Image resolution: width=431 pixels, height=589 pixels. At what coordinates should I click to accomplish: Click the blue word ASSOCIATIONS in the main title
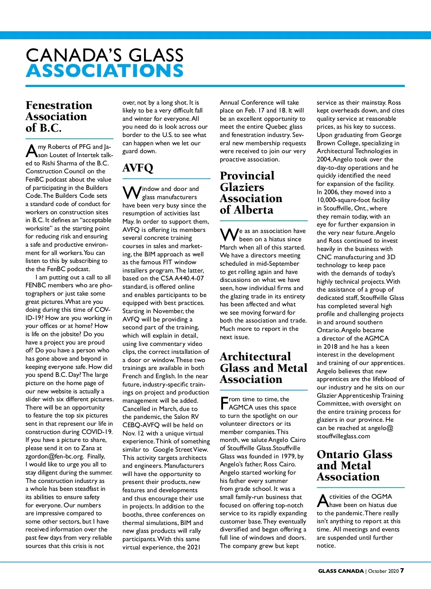click(105, 71)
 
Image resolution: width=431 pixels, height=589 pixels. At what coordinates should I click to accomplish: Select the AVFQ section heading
click(138, 168)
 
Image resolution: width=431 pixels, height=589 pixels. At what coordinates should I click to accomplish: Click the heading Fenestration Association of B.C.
click(59, 117)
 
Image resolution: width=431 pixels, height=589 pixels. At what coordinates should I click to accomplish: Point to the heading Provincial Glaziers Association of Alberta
click(251, 193)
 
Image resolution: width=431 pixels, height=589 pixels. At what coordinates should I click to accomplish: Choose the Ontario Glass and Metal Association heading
click(354, 466)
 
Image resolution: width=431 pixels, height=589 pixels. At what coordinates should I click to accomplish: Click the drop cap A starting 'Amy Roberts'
click(31, 151)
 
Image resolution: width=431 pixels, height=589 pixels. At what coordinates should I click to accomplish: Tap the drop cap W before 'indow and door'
click(132, 193)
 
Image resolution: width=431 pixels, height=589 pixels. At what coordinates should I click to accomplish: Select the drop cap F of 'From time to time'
click(224, 403)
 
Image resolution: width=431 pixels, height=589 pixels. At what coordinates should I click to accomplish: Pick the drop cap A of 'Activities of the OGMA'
click(323, 501)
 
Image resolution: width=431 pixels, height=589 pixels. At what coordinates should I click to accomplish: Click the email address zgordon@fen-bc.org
click(55, 456)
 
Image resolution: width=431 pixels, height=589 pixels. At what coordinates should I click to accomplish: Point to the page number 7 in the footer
click(402, 571)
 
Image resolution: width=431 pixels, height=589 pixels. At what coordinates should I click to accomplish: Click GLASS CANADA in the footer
click(340, 571)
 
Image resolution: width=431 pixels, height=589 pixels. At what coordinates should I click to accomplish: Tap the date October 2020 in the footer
click(383, 571)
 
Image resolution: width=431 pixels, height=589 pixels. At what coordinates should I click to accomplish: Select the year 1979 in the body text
click(289, 456)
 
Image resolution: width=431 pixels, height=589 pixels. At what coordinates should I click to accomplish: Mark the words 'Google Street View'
click(180, 449)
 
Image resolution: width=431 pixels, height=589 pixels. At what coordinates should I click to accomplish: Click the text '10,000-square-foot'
click(342, 200)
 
